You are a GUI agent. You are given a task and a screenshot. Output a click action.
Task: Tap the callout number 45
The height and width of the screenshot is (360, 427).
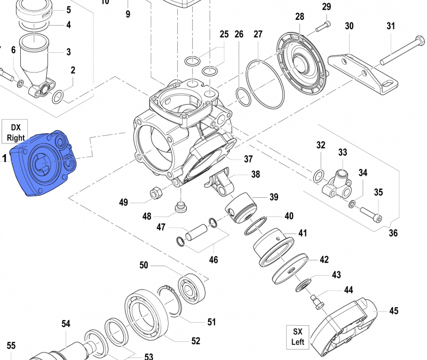pos(394,311)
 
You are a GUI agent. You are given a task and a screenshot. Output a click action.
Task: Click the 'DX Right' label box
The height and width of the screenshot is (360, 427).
pos(15,131)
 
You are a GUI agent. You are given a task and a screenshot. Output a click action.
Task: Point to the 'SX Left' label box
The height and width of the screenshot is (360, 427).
pos(298,336)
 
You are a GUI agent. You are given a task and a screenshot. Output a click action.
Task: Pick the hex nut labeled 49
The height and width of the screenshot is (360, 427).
pos(156,193)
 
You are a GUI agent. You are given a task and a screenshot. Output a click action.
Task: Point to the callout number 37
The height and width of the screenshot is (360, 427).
pos(248,159)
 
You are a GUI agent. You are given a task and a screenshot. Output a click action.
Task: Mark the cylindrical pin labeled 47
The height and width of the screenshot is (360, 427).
pos(196,234)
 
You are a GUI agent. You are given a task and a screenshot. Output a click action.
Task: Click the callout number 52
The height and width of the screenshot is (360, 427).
pos(195,340)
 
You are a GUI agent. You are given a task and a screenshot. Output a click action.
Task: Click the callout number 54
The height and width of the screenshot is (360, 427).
pos(66,324)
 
